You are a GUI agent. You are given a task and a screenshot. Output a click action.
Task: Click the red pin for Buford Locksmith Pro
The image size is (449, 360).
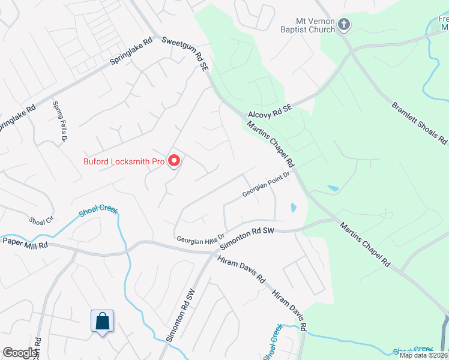[x=174, y=160]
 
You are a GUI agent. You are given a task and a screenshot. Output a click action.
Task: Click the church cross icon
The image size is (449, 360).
[x=344, y=25]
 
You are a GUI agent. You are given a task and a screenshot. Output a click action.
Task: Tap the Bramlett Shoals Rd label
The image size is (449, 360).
[x=420, y=124]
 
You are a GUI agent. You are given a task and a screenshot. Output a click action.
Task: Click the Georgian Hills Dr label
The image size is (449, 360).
[x=200, y=238]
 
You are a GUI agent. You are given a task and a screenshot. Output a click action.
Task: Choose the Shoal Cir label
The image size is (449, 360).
[x=41, y=220]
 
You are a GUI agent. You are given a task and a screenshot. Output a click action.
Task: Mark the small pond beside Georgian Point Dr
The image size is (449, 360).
[x=293, y=208]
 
